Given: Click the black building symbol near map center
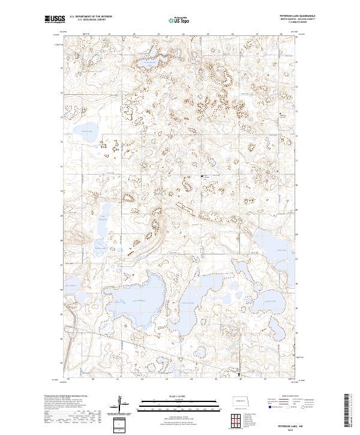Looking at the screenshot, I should (x=202, y=176).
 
